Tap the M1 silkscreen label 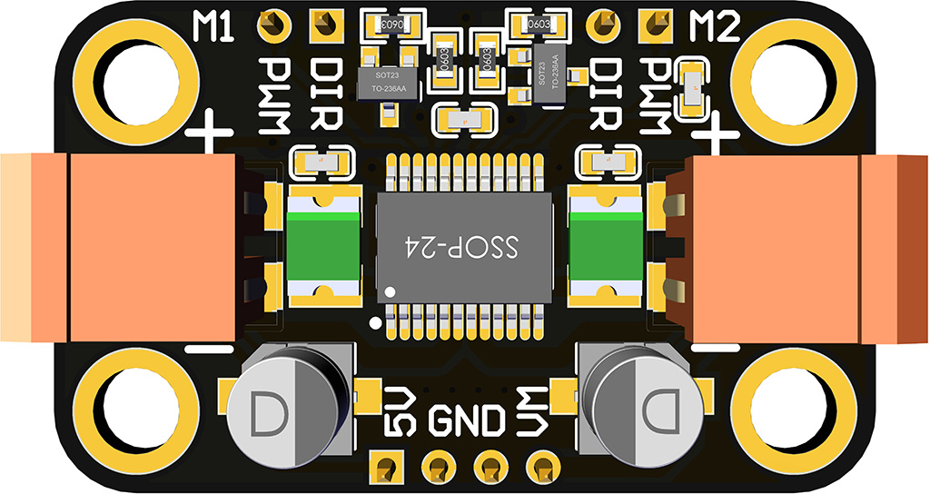214,27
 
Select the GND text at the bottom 466,421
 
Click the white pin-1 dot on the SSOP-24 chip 390,292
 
